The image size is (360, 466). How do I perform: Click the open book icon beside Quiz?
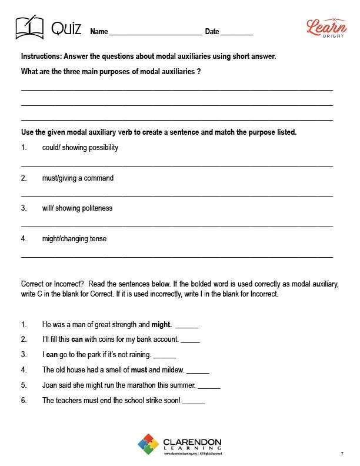point(29,28)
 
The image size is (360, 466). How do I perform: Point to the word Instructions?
point(42,56)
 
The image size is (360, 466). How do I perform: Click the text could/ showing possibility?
point(80,148)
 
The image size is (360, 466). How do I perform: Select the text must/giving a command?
point(78,178)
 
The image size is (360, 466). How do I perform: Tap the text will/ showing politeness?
point(77,208)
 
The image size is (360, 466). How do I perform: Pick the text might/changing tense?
point(74,239)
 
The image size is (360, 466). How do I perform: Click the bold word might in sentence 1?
point(161,324)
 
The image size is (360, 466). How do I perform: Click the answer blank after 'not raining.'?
point(165,356)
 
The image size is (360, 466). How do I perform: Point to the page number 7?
point(342,454)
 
